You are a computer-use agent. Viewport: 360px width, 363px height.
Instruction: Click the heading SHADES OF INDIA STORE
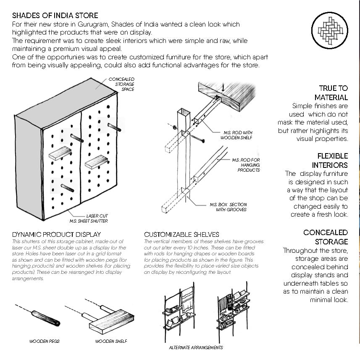[x=55, y=16]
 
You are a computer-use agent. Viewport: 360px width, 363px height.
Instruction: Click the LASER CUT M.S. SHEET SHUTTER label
[x=89, y=218]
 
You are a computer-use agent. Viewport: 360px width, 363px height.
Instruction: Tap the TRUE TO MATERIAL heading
[x=333, y=93]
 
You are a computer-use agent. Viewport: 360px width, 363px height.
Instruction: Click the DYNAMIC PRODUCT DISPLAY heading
[x=56, y=234]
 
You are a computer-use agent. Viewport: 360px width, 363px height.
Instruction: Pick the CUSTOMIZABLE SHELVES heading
[x=181, y=234]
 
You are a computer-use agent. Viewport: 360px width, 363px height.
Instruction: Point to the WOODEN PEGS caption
[x=44, y=341]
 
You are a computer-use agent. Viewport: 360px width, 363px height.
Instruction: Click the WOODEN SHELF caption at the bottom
[x=111, y=341]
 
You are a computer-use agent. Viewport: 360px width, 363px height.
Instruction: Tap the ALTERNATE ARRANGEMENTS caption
[x=196, y=348]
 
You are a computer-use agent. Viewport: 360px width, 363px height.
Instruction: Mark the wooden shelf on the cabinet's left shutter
[x=60, y=155]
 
